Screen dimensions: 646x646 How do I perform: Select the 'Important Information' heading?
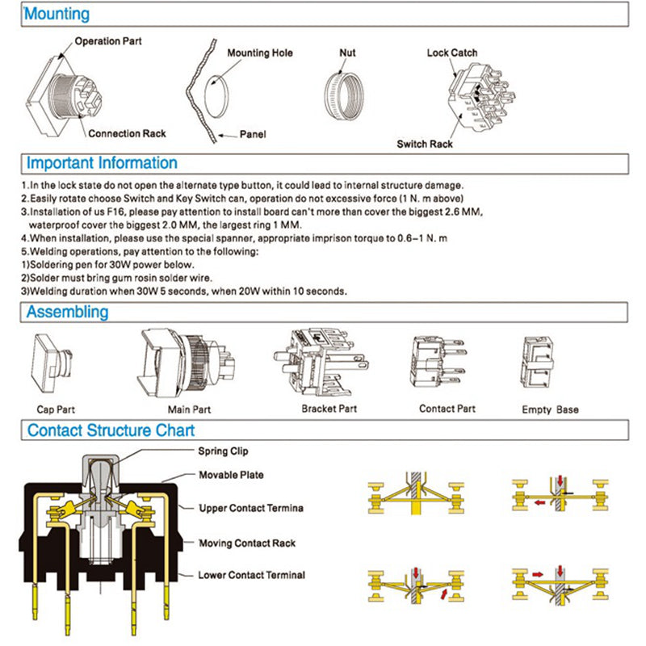[102, 162]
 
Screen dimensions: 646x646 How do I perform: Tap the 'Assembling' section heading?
[68, 312]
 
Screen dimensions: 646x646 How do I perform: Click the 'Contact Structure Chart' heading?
[111, 430]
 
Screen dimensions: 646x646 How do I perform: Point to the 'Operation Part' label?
[108, 40]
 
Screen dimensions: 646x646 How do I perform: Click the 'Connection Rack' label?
[127, 133]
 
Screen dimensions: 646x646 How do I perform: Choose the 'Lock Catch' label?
[452, 53]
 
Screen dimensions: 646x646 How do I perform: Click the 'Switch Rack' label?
[425, 145]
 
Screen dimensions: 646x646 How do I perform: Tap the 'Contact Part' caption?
[447, 409]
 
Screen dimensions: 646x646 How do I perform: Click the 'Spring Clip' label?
[224, 451]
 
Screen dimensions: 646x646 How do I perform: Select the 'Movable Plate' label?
[231, 475]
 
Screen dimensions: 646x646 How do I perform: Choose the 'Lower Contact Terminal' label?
[252, 575]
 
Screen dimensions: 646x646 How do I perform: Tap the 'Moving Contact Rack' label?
[247, 543]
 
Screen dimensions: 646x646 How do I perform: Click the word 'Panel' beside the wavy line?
[253, 135]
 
